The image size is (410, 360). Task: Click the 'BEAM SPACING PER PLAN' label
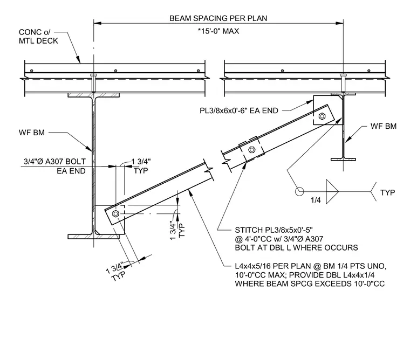(x=218, y=18)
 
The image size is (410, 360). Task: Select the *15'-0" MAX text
(x=218, y=31)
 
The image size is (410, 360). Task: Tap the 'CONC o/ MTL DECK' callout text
(x=38, y=36)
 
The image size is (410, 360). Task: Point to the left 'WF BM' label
(x=32, y=133)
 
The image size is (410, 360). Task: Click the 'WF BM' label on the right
(x=384, y=126)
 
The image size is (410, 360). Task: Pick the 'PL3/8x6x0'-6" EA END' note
(x=239, y=111)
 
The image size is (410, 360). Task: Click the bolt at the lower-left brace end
(x=115, y=214)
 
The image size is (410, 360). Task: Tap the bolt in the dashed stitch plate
(x=251, y=150)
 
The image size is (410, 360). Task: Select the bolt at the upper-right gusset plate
(x=322, y=116)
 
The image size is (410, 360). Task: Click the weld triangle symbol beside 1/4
(x=332, y=191)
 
